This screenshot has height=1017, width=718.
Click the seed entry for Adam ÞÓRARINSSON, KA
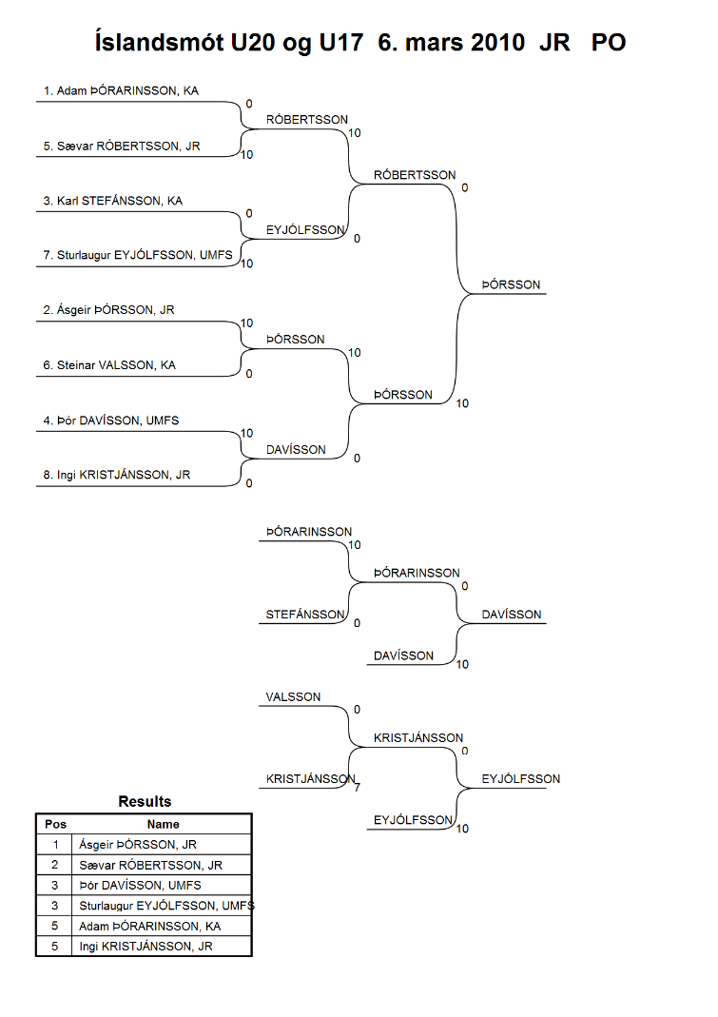122,90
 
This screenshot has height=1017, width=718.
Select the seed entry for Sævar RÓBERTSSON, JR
122,146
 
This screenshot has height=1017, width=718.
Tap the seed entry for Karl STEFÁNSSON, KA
113,201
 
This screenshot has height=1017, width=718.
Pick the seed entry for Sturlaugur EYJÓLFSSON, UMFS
138,255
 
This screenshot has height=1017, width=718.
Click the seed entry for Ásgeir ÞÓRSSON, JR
109,309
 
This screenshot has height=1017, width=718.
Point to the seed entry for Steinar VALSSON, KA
109,365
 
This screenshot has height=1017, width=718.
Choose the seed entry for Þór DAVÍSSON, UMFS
111,420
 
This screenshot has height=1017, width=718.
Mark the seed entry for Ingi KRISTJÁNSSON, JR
117,475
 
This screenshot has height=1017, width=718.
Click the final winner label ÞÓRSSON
511,284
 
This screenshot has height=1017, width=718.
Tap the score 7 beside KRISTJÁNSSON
358,788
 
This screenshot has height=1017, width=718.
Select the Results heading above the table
145,802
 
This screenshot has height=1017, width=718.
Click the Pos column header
56,825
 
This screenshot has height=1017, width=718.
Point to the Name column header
163,825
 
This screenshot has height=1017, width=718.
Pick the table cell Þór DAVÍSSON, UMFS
140,886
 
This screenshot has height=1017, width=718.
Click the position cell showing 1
55,845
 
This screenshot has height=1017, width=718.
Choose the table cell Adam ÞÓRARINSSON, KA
150,927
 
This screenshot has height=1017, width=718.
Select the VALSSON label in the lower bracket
293,697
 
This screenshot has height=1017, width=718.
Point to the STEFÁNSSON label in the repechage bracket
305,615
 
